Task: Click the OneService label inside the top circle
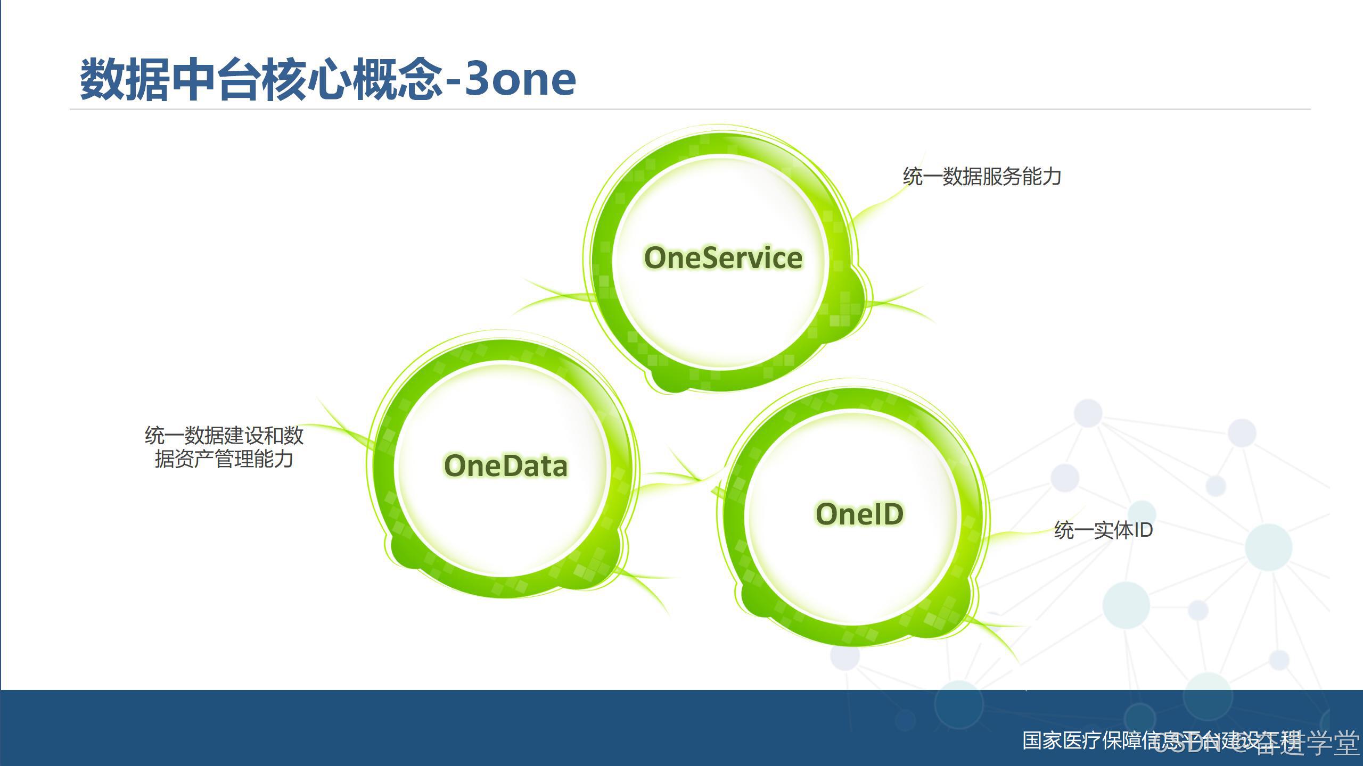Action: (723, 258)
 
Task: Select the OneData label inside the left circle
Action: (506, 466)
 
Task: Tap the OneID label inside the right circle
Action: (859, 514)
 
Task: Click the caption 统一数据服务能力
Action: (982, 177)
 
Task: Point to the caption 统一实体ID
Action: (1103, 530)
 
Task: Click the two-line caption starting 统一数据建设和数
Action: (224, 447)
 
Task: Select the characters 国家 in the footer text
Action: (1041, 740)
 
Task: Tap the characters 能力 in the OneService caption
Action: (1041, 177)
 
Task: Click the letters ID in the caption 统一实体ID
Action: (1143, 530)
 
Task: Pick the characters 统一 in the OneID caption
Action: (1073, 530)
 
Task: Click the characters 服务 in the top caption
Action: (1001, 177)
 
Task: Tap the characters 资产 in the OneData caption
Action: (195, 459)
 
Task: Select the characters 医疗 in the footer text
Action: (1081, 740)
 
